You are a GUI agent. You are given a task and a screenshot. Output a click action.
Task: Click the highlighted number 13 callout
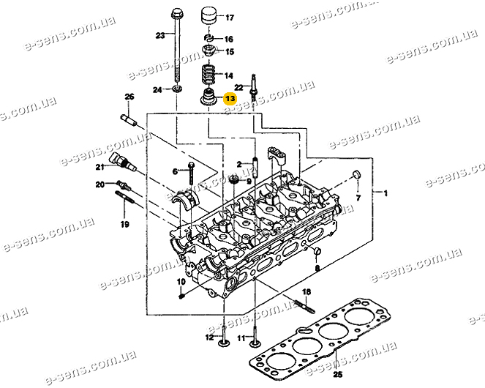click(230, 98)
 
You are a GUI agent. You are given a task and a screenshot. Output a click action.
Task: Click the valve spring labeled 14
click(211, 75)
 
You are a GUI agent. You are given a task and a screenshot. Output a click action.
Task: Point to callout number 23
click(160, 35)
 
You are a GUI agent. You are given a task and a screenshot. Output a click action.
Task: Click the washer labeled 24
click(178, 89)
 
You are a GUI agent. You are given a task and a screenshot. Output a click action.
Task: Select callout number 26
click(129, 97)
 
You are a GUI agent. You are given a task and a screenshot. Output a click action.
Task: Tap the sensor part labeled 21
click(119, 162)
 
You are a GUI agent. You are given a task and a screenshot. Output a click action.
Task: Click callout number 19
click(124, 225)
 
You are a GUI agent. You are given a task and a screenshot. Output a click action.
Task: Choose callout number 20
click(100, 185)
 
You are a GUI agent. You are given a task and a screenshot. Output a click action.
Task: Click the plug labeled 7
click(356, 175)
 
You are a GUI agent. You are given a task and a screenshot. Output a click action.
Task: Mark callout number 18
click(307, 292)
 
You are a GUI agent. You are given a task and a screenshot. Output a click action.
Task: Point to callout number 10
click(181, 282)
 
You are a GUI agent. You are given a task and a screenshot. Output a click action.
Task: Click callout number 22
click(238, 87)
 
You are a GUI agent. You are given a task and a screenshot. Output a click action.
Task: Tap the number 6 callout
click(175, 171)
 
